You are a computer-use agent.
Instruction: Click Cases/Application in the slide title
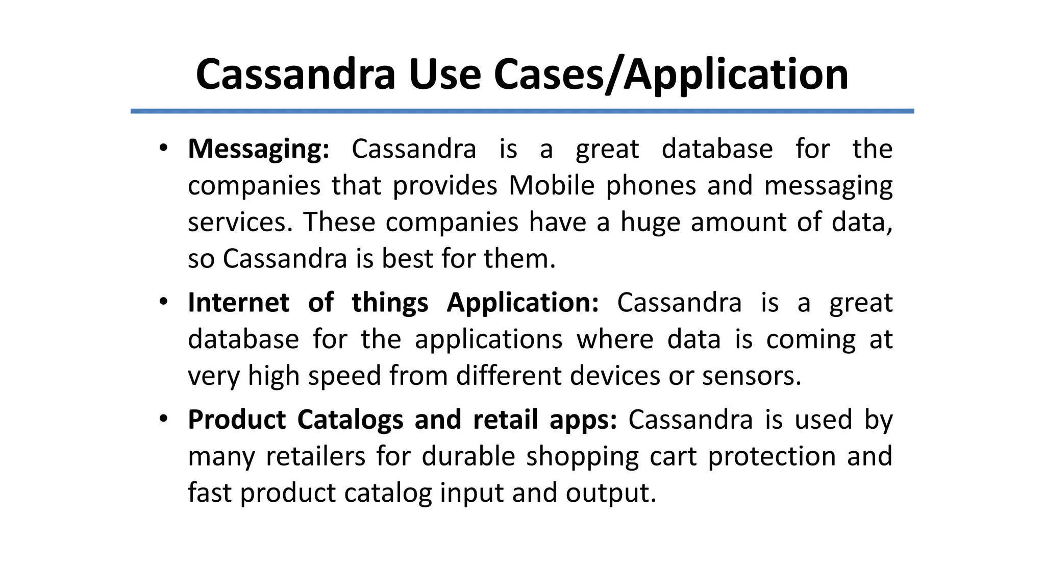click(671, 75)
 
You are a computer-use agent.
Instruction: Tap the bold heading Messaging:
click(259, 150)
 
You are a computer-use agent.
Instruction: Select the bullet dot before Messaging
click(163, 149)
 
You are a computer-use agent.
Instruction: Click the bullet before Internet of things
click(163, 302)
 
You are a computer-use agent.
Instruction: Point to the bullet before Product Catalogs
click(163, 419)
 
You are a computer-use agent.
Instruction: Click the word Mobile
click(552, 185)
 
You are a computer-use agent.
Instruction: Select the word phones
click(651, 185)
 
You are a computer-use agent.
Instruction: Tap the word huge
click(650, 223)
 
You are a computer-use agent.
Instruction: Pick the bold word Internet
click(238, 303)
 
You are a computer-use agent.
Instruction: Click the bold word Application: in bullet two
click(522, 303)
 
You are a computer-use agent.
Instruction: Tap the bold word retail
click(505, 420)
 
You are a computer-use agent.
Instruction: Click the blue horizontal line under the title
click(522, 111)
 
